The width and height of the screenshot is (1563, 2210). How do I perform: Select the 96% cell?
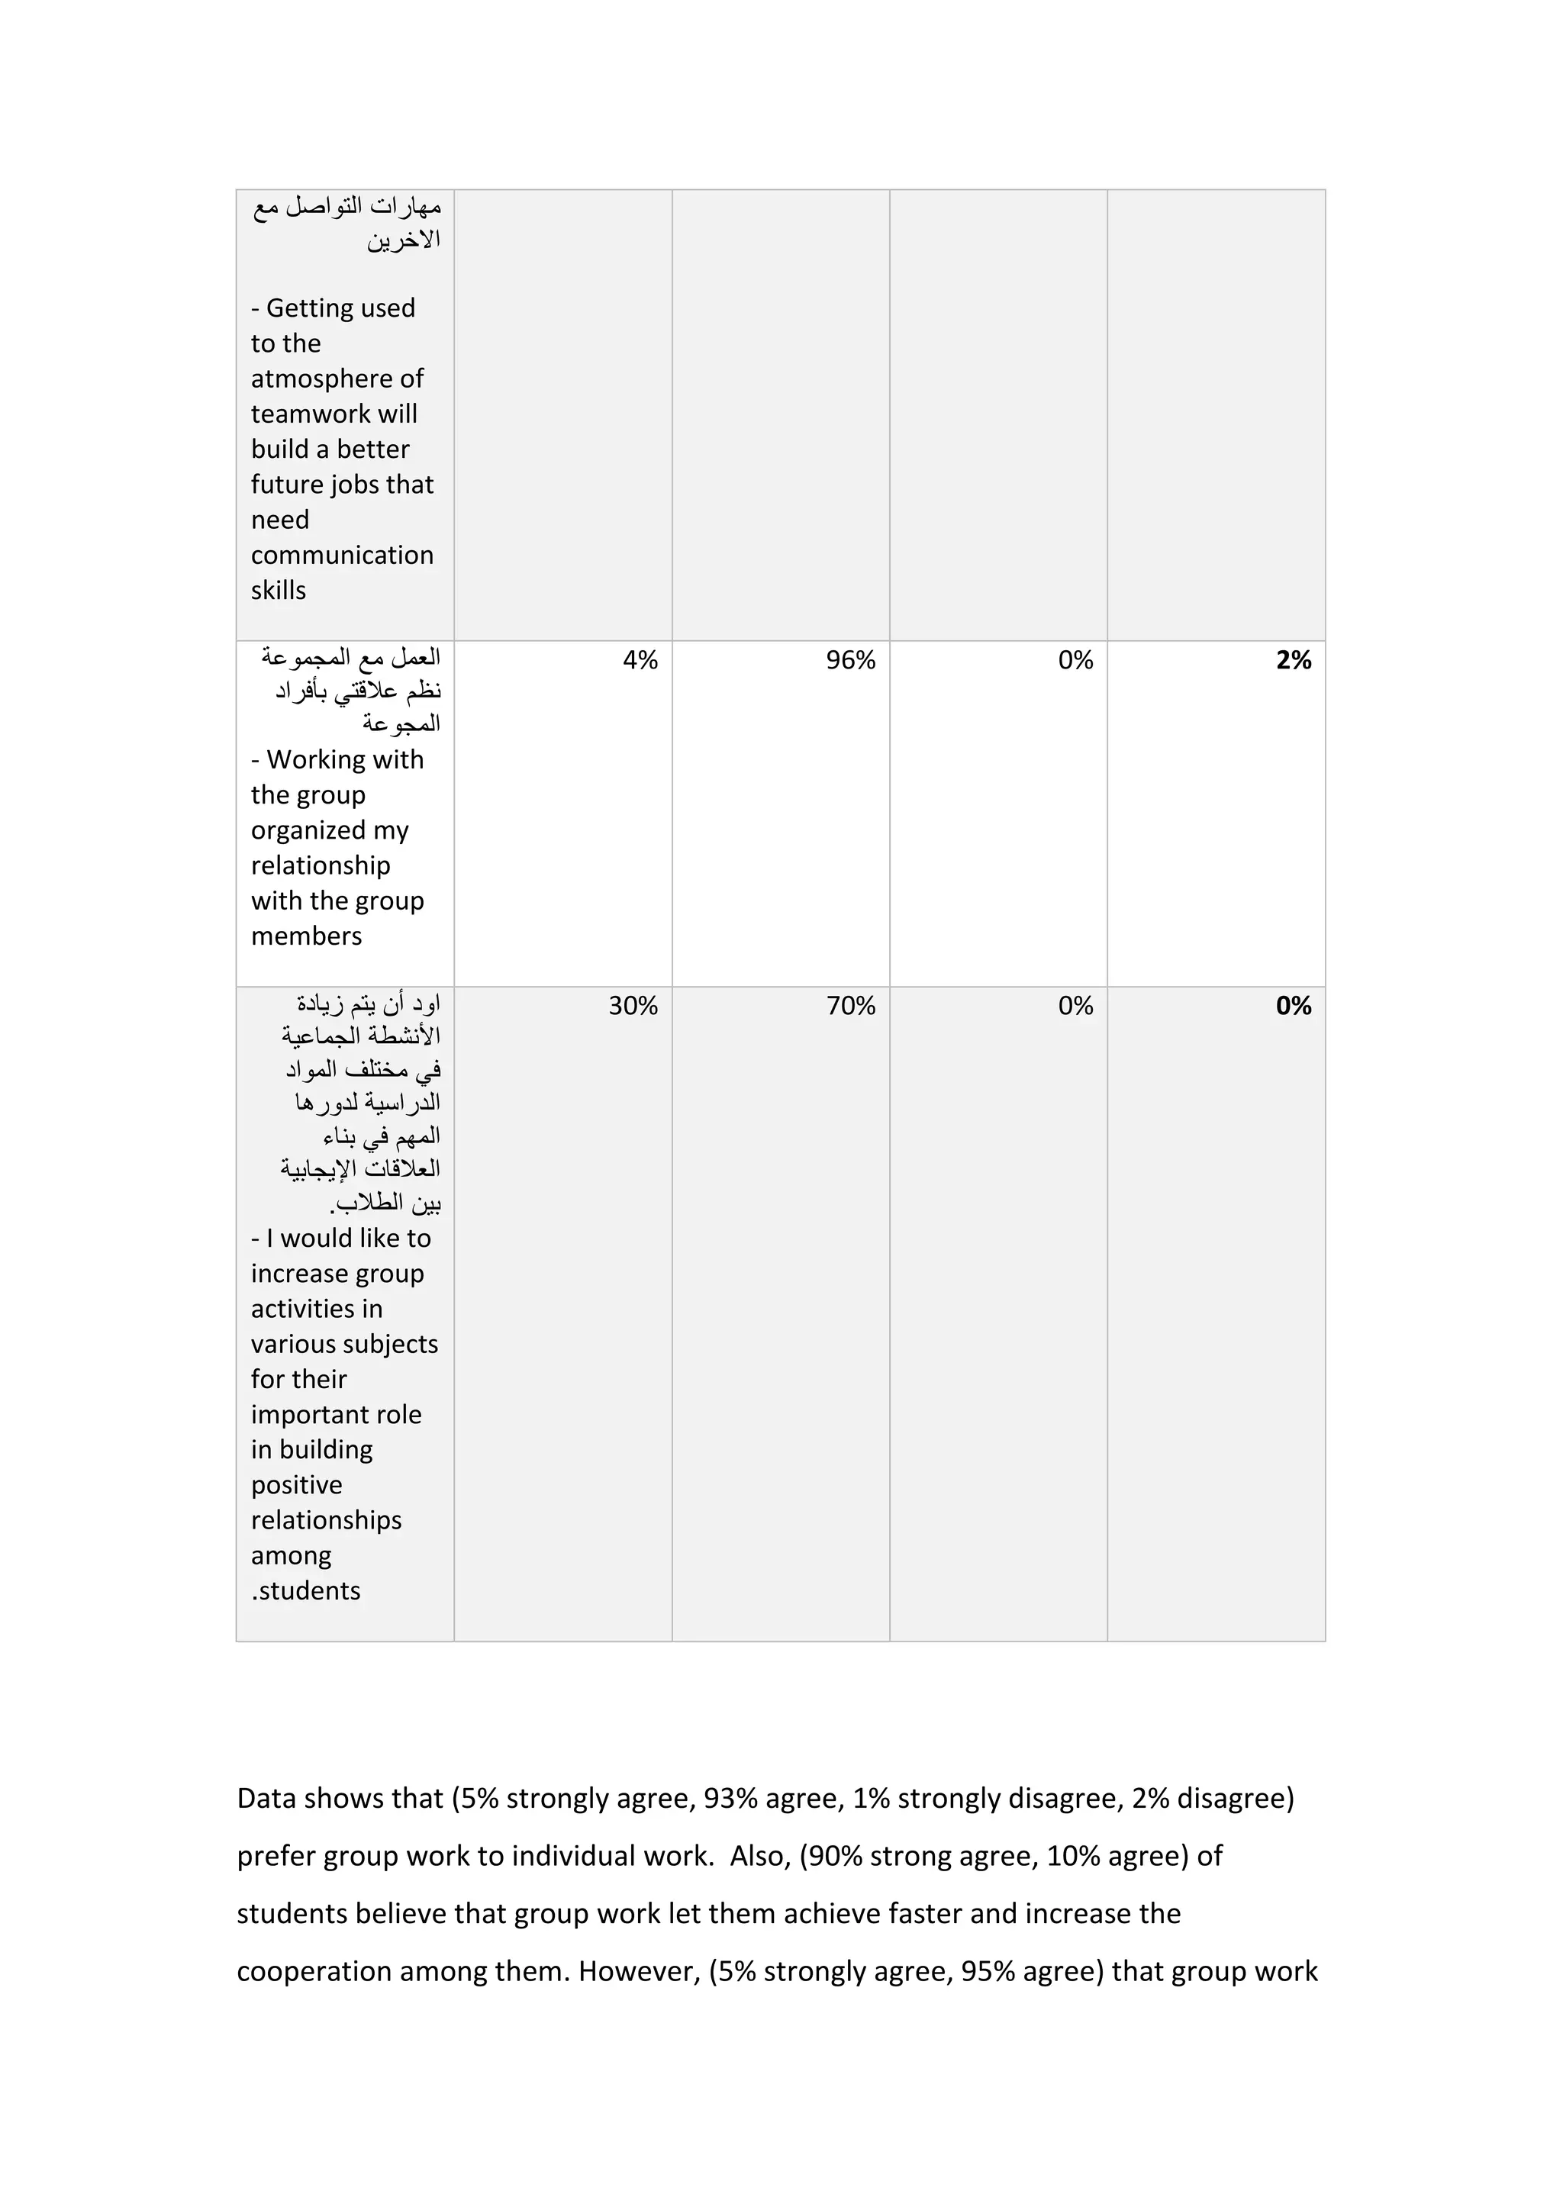click(x=850, y=660)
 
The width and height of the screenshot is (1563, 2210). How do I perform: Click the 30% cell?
click(x=633, y=1006)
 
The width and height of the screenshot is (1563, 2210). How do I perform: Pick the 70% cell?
click(x=850, y=1006)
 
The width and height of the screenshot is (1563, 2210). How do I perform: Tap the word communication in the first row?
click(x=342, y=556)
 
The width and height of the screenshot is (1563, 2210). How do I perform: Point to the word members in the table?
click(x=306, y=936)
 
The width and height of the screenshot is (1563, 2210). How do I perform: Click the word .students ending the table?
click(x=305, y=1591)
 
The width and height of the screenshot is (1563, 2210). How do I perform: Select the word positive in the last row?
click(x=296, y=1485)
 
